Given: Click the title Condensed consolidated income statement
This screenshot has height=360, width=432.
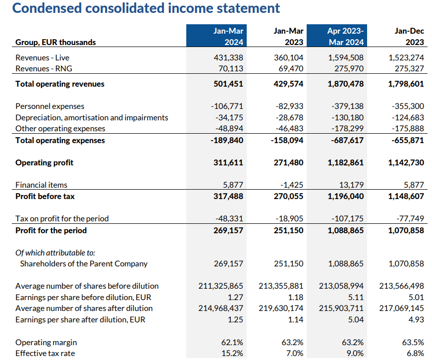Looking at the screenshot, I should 146,8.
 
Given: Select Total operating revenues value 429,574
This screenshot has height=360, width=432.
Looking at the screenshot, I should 288,84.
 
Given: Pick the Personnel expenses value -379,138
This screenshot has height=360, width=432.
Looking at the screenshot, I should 346,106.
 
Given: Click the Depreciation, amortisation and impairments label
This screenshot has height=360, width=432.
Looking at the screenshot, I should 92,117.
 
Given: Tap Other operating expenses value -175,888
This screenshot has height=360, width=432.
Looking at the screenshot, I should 408,128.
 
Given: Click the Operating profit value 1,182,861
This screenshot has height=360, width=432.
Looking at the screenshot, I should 346,162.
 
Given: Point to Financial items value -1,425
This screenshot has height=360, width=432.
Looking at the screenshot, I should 291,185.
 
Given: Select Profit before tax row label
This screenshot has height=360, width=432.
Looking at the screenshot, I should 45,196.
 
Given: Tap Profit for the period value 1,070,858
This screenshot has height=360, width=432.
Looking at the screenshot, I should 406,230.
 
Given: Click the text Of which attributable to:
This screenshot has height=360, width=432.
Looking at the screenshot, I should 55,253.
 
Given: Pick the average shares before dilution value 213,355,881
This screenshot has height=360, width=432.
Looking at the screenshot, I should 281,286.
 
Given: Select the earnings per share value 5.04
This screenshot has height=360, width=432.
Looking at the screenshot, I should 356,319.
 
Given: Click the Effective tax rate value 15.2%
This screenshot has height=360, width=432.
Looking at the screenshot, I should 233,353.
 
